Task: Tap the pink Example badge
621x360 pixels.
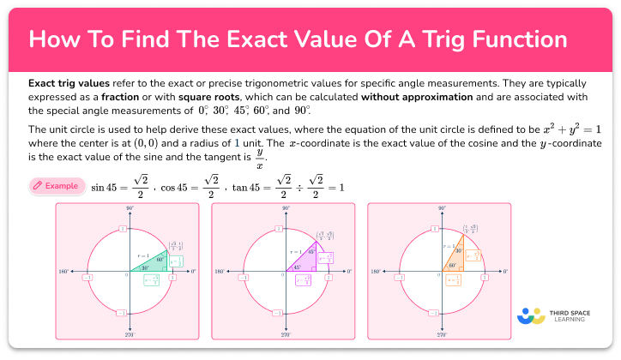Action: tap(57, 185)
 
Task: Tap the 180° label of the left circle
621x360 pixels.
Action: tap(63, 272)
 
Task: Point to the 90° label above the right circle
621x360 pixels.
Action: tap(440, 208)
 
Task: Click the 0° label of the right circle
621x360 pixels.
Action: tap(504, 272)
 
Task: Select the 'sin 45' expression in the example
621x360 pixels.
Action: tap(108, 186)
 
